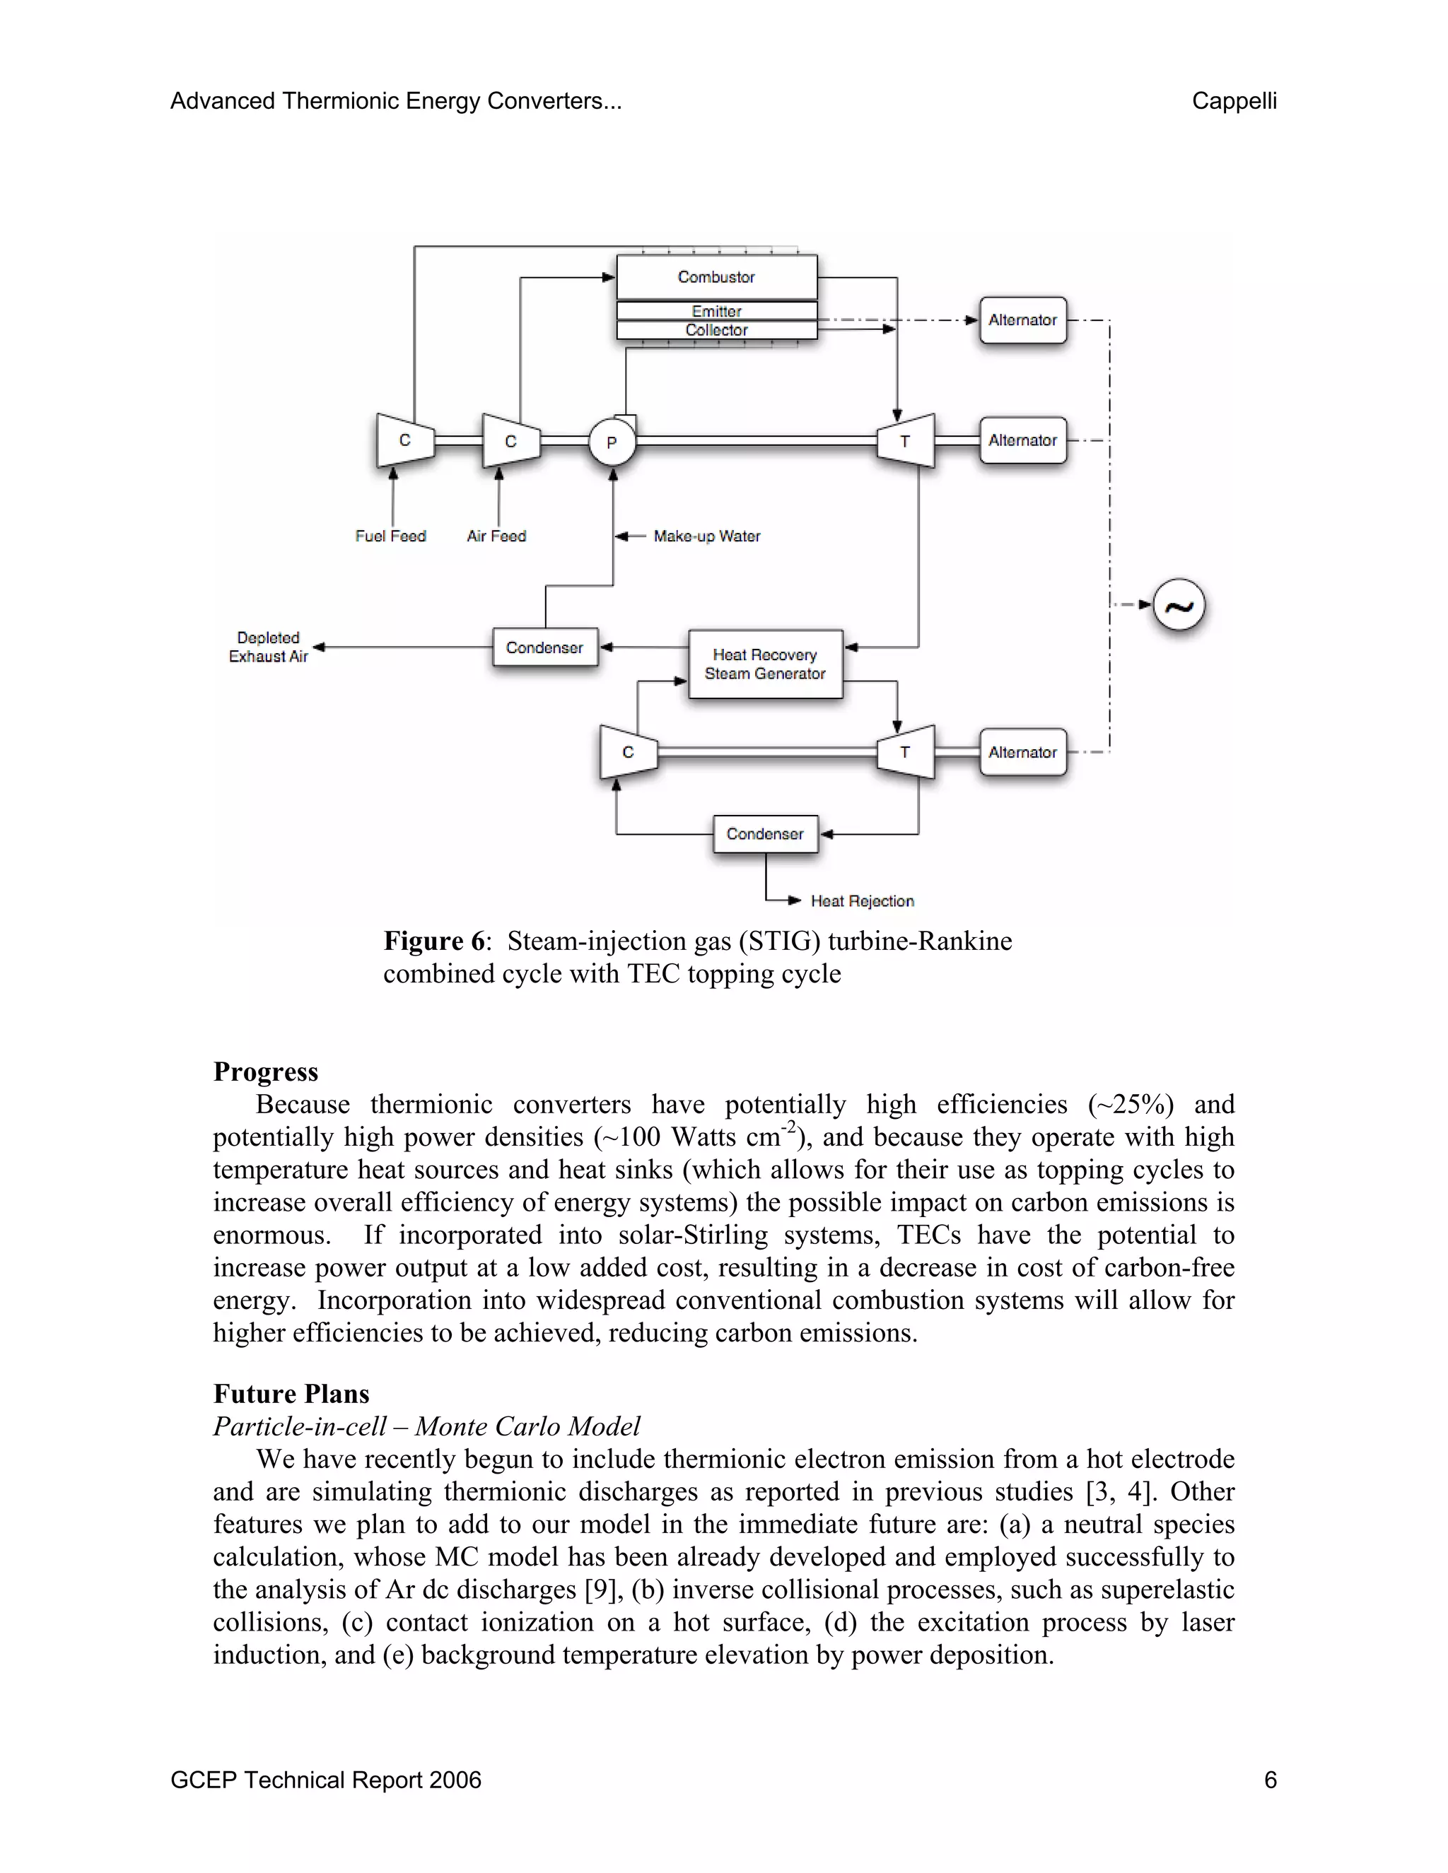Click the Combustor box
716,277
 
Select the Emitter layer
716,310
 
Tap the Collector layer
716,330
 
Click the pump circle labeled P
612,442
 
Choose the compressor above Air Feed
511,442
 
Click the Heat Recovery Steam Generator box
765,664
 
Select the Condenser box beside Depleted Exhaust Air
544,647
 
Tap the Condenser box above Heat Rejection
765,833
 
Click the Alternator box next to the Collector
1022,320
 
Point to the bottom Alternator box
1022,752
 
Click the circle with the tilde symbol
1179,606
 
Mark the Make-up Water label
707,536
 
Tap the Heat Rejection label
862,901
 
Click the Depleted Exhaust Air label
269,647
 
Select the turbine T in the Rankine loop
906,752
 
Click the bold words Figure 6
434,941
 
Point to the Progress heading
266,1072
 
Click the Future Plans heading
292,1394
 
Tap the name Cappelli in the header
1234,101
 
